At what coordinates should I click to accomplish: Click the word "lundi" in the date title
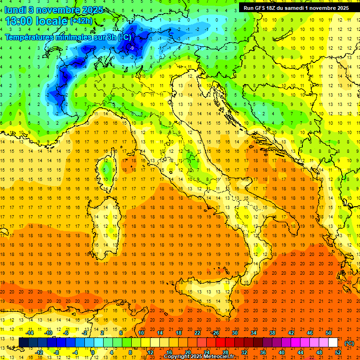(x=15, y=10)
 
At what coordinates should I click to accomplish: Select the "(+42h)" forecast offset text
(x=81, y=22)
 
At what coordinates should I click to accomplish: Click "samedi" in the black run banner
(x=307, y=8)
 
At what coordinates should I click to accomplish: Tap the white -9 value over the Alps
(x=132, y=48)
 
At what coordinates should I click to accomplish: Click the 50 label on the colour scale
(x=329, y=332)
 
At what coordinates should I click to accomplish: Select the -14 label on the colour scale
(x=30, y=332)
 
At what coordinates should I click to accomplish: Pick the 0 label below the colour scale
(x=92, y=352)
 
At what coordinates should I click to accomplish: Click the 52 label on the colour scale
(x=338, y=352)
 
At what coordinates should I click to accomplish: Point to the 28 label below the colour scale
(x=225, y=352)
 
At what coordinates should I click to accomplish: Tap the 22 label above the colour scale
(x=197, y=332)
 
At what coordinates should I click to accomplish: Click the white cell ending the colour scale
(x=333, y=342)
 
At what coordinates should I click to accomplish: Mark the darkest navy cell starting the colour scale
(x=23, y=342)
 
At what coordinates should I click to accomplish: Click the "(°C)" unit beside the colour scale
(x=349, y=343)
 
